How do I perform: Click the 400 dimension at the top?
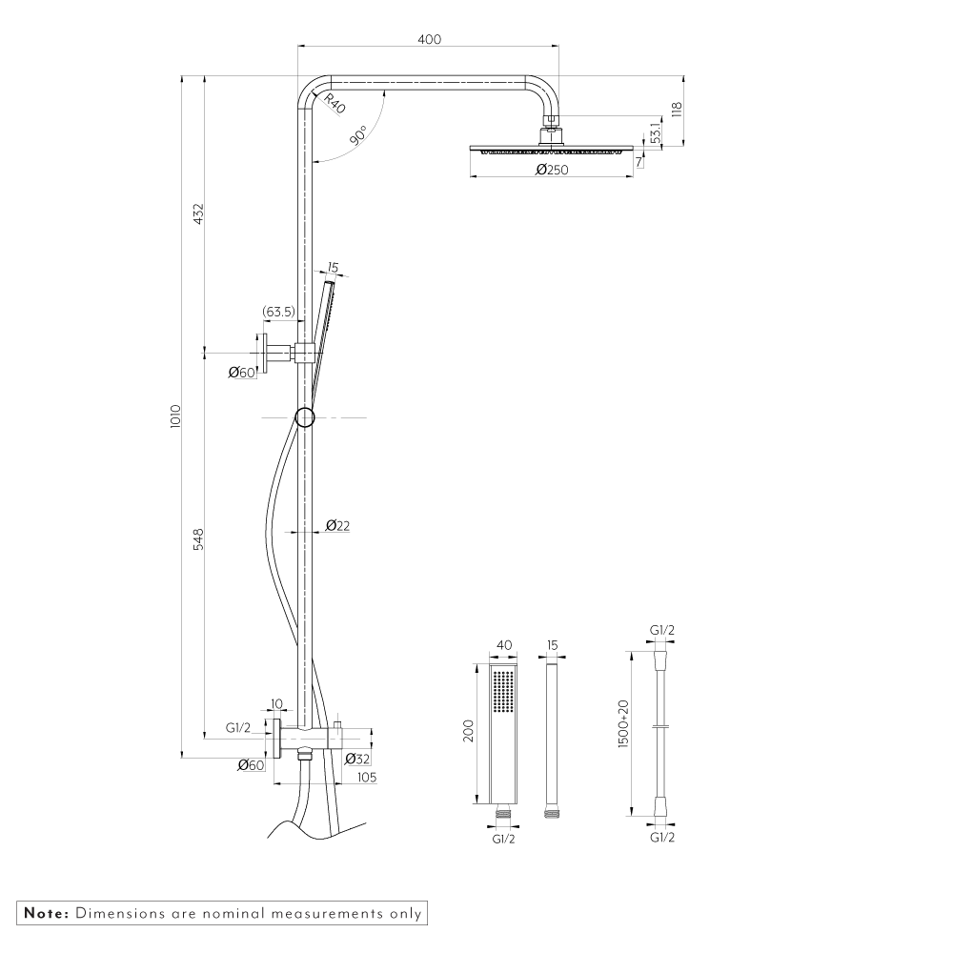click(x=429, y=39)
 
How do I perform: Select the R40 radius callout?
click(x=334, y=104)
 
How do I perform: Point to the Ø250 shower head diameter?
click(x=552, y=170)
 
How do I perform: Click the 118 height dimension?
click(x=678, y=110)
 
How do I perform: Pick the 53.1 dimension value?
click(x=657, y=132)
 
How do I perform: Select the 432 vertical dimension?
click(x=198, y=214)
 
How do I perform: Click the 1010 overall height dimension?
click(x=175, y=416)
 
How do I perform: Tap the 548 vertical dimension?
click(x=198, y=540)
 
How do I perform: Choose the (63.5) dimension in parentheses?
click(x=277, y=311)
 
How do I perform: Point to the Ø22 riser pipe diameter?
click(x=338, y=525)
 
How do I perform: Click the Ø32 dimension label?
click(x=356, y=759)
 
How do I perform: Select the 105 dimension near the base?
click(x=366, y=778)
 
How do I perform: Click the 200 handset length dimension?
click(x=468, y=732)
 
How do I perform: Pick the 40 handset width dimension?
click(x=504, y=645)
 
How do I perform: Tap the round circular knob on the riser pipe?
click(x=305, y=416)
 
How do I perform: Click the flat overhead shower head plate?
click(x=552, y=149)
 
